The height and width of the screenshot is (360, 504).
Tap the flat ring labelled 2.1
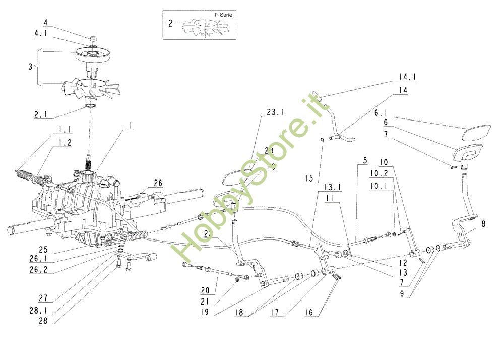[91, 105]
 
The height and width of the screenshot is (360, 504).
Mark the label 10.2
[379, 173]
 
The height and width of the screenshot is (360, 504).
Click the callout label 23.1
[275, 113]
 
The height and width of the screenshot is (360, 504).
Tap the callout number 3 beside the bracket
[30, 67]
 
